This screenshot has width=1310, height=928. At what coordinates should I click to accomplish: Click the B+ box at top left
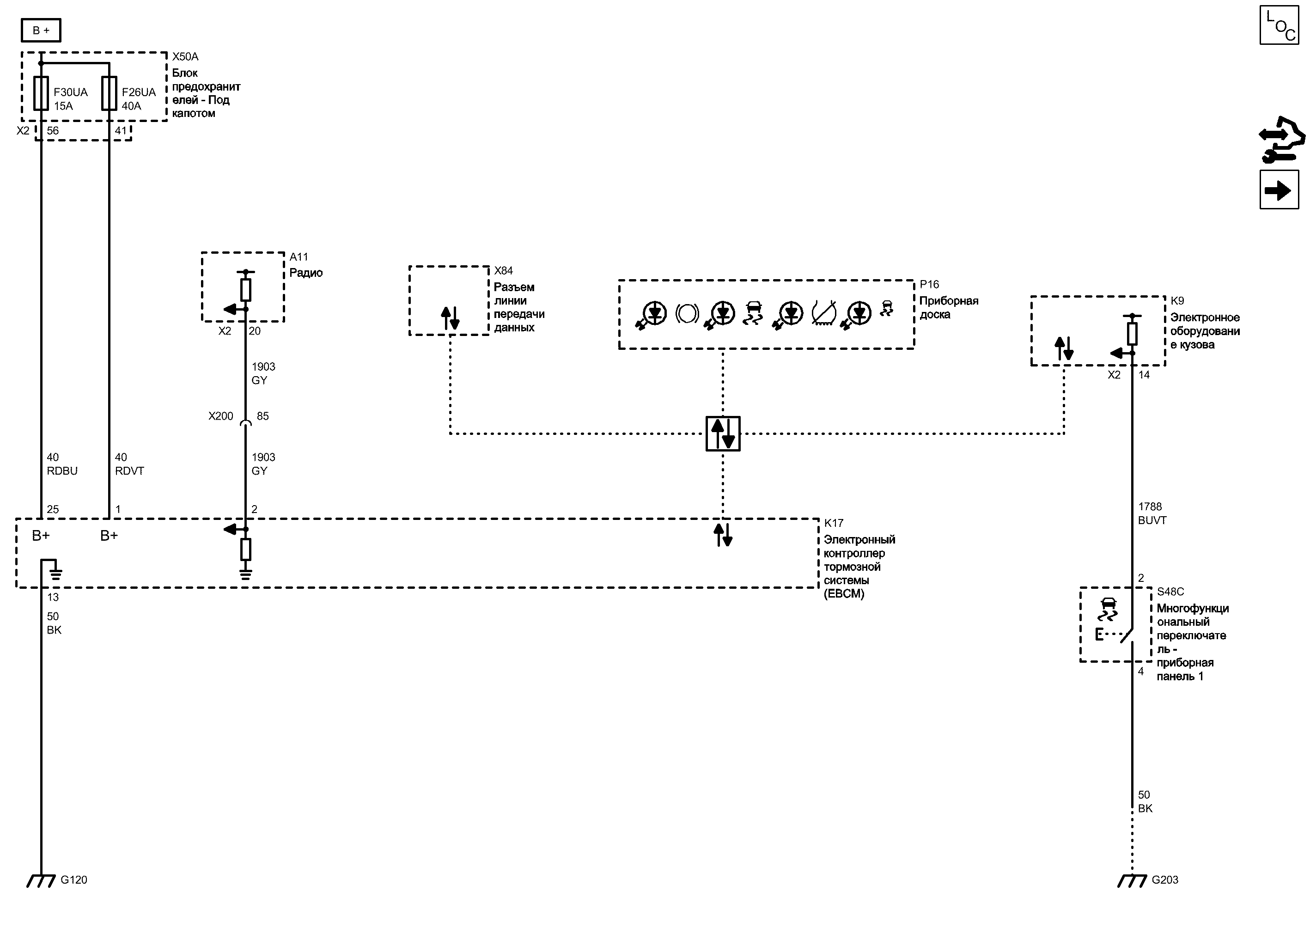point(41,31)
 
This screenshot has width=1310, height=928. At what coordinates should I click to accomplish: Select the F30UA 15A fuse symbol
point(41,93)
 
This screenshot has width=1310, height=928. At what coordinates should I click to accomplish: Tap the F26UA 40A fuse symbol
point(109,93)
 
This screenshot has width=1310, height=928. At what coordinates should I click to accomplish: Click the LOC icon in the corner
point(1279,25)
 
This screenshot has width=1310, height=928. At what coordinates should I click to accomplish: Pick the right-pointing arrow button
point(1279,190)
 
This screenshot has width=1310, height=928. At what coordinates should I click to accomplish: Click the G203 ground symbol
point(1132,880)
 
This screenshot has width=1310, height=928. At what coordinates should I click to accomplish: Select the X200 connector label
point(220,416)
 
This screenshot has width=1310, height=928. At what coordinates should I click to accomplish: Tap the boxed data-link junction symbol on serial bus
point(723,433)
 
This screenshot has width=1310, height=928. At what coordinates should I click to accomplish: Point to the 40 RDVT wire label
point(129,464)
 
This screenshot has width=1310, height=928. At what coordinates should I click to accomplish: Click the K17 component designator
point(834,523)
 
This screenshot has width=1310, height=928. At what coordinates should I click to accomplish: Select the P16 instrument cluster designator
point(929,285)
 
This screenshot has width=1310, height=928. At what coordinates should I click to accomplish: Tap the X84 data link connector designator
point(503,270)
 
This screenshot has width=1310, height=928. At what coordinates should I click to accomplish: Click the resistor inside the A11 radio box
point(246,290)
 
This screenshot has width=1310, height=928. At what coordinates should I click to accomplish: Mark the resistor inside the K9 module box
point(1132,334)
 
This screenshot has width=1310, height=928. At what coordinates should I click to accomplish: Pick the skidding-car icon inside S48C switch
point(1108,609)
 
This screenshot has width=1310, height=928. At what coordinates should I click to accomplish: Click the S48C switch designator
point(1170,592)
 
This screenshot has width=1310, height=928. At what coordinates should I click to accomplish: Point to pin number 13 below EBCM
point(53,597)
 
